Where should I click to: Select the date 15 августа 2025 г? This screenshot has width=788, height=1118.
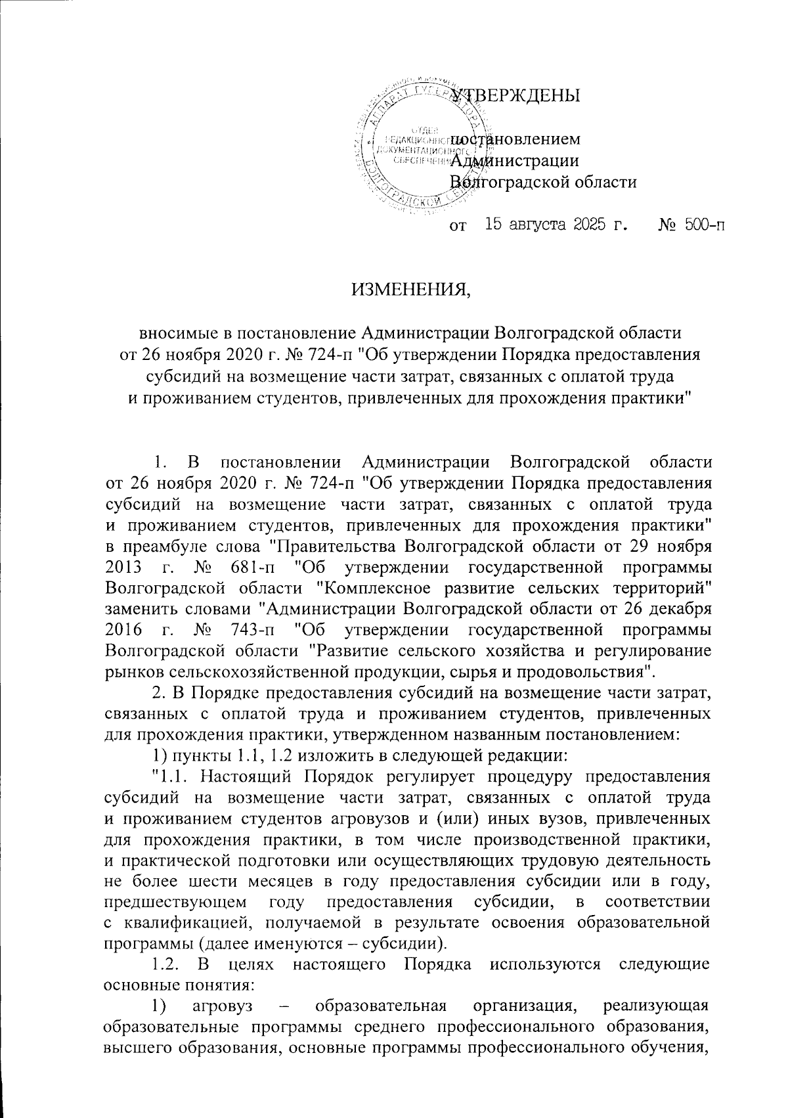pyautogui.click(x=556, y=226)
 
